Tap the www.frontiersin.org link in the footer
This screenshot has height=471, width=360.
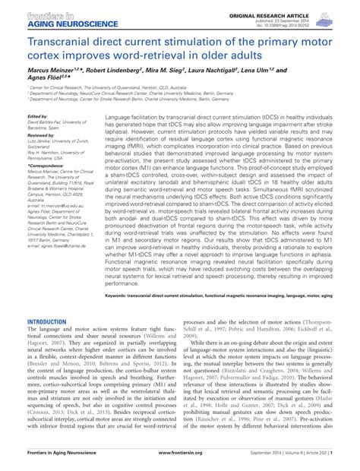tap(181, 463)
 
